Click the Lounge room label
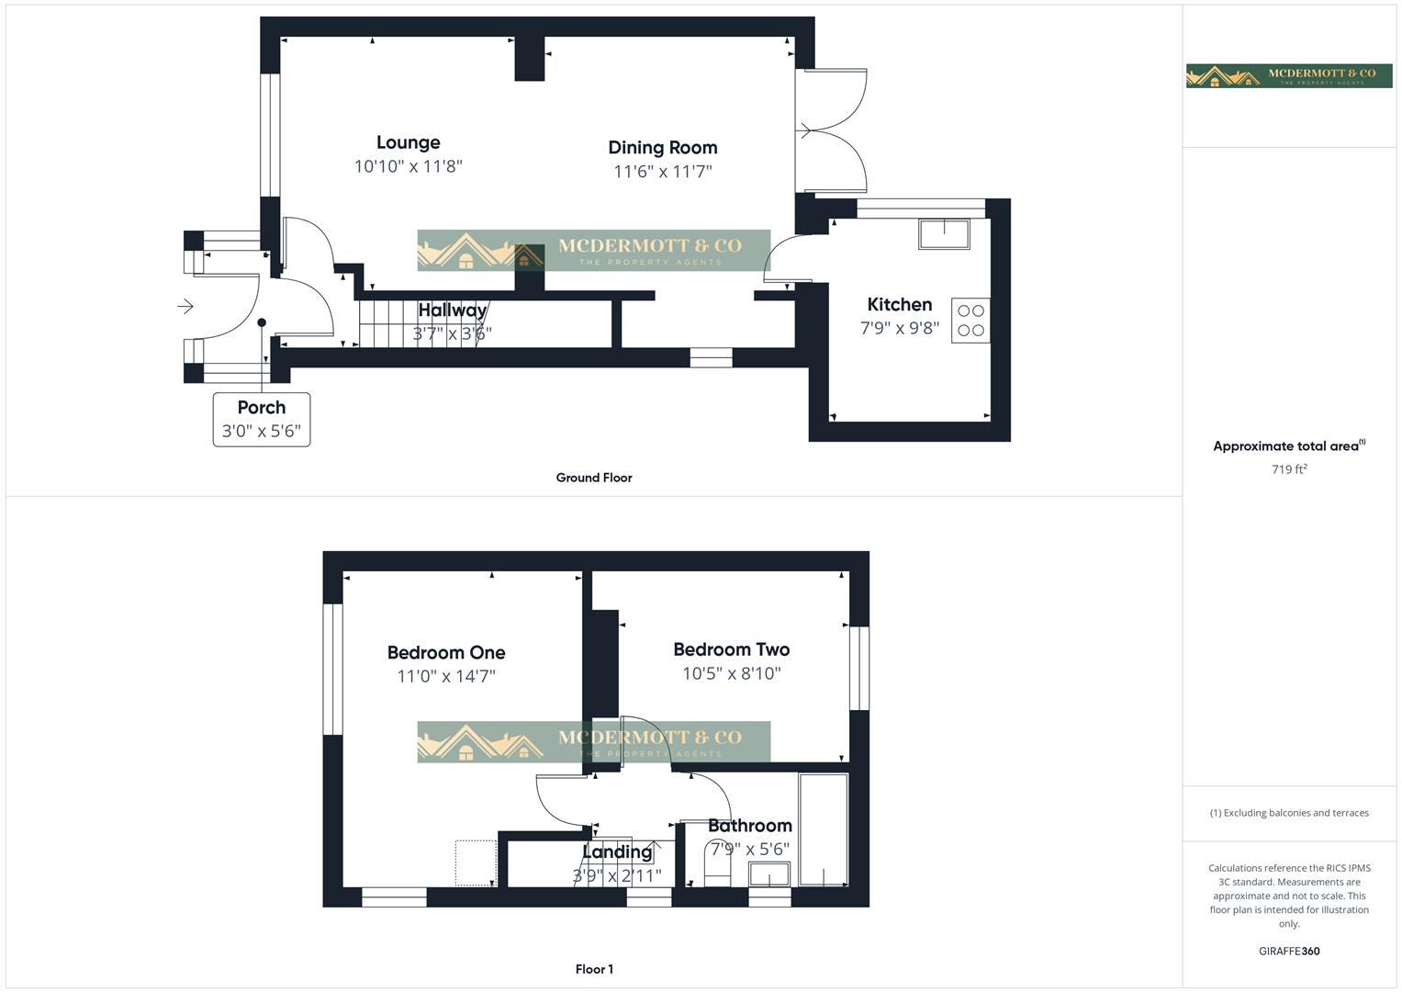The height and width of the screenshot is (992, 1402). pyautogui.click(x=408, y=142)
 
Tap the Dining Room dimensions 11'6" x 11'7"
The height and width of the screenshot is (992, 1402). pyautogui.click(x=662, y=172)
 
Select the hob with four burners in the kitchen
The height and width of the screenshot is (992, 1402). pyautogui.click(x=970, y=321)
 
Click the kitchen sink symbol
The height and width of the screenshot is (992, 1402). pyautogui.click(x=944, y=234)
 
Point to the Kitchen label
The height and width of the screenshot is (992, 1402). pyautogui.click(x=899, y=305)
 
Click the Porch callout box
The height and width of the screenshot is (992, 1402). pyautogui.click(x=262, y=420)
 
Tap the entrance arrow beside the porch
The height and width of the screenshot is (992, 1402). pyautogui.click(x=185, y=306)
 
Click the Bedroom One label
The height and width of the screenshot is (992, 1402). pyautogui.click(x=446, y=653)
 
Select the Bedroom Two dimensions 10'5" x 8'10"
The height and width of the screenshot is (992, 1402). pyautogui.click(x=731, y=674)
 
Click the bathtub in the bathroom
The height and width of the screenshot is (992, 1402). pyautogui.click(x=824, y=829)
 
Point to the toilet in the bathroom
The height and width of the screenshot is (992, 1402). pyautogui.click(x=717, y=864)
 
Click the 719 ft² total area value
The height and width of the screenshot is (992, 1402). pyautogui.click(x=1289, y=469)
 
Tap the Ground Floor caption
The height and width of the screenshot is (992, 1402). pyautogui.click(x=594, y=478)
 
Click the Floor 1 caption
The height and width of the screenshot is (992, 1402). pyautogui.click(x=594, y=969)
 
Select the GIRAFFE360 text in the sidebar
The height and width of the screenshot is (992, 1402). pyautogui.click(x=1289, y=952)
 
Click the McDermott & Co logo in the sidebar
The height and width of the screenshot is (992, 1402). pyautogui.click(x=1289, y=75)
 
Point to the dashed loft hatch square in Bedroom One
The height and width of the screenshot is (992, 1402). pyautogui.click(x=477, y=862)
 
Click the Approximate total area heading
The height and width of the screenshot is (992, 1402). pyautogui.click(x=1288, y=446)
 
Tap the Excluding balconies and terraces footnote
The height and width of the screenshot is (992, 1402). pyautogui.click(x=1289, y=813)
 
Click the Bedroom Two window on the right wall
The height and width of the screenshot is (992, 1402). pyautogui.click(x=858, y=668)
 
